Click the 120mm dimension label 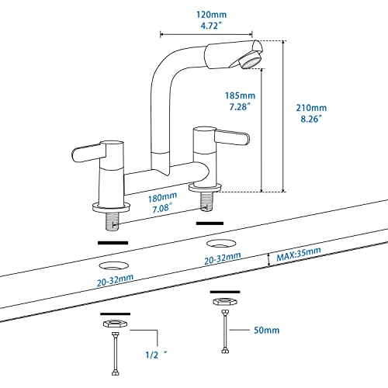(x=206, y=13)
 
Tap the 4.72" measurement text (x=206, y=25)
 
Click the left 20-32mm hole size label (x=114, y=283)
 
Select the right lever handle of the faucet (x=232, y=137)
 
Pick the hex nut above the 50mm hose (x=223, y=299)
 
